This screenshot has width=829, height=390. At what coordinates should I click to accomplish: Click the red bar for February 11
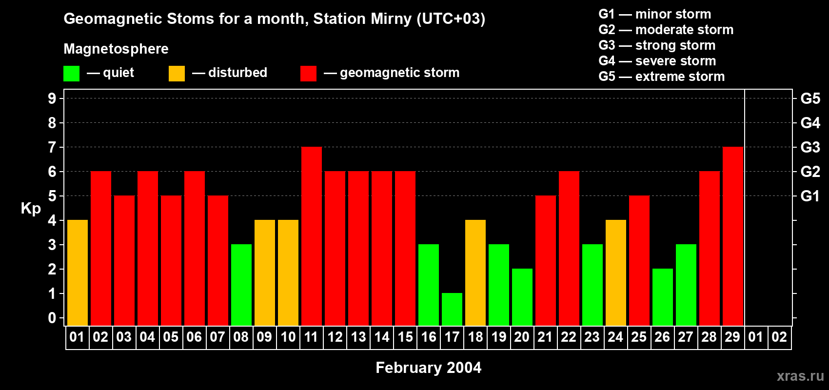[312, 236]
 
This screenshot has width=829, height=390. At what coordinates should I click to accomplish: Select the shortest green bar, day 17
[452, 309]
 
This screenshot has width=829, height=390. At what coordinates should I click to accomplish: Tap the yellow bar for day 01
[78, 273]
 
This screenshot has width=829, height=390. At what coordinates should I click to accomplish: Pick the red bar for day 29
[733, 236]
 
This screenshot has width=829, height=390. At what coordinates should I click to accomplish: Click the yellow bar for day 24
[616, 273]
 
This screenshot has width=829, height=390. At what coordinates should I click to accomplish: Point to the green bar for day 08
[241, 285]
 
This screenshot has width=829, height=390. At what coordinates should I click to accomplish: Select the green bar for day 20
[522, 297]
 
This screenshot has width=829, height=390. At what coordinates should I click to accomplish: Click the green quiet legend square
[71, 74]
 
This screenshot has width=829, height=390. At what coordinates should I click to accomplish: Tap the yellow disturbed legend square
[177, 74]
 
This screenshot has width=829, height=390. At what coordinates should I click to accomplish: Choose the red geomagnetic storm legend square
[308, 74]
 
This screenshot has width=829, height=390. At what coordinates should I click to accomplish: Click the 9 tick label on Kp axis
[52, 98]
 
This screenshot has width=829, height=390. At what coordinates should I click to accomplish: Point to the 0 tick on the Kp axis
[52, 318]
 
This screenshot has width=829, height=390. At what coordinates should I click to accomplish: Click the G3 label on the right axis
[810, 147]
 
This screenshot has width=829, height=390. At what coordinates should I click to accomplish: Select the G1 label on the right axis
[810, 196]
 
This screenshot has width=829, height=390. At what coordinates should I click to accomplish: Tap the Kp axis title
[31, 209]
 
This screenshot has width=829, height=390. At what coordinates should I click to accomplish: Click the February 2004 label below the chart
[428, 368]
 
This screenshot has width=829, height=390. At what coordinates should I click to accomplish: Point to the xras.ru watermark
[800, 376]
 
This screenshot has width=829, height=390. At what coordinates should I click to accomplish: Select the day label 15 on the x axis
[405, 337]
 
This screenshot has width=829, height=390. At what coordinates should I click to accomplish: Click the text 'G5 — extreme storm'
[661, 77]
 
